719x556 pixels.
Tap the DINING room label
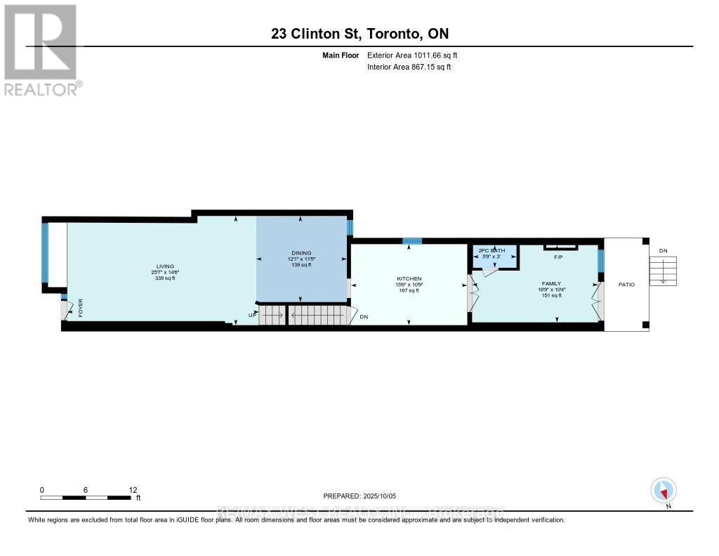(x=301, y=253)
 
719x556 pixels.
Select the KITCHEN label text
(x=409, y=278)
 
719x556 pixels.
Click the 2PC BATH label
(x=492, y=250)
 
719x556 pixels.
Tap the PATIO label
(x=626, y=285)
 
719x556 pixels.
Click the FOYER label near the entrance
(x=80, y=309)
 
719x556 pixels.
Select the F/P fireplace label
(x=560, y=257)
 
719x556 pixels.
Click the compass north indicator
(x=664, y=491)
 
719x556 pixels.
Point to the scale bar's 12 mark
(x=133, y=490)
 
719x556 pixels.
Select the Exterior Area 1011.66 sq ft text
(x=412, y=56)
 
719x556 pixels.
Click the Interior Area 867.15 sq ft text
(x=409, y=67)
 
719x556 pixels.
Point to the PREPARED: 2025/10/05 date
(x=364, y=496)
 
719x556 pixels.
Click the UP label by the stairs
(x=251, y=315)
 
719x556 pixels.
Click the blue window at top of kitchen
(x=412, y=241)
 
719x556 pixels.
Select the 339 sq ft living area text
(x=161, y=279)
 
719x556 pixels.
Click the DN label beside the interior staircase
(x=364, y=317)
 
